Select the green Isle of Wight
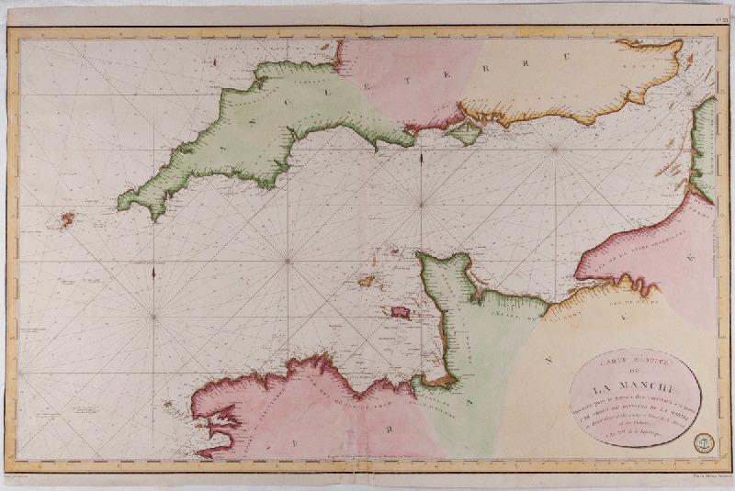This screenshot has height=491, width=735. coord(467,135)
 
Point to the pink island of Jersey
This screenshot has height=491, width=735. coord(401,312)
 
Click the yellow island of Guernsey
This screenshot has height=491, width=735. coord(366,280)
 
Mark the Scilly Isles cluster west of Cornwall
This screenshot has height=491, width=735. coord(67,219)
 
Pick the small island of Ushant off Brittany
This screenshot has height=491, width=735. coord(167,403)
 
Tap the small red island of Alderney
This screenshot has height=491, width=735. coord(394,251)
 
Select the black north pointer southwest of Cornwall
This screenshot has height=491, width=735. coord(153,272)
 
